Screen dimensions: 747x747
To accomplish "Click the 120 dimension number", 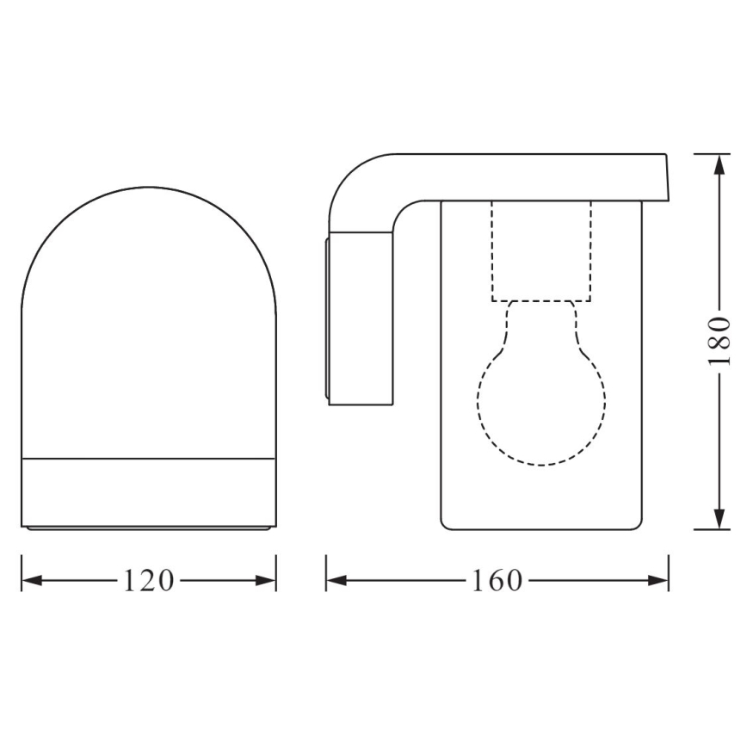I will coord(149,581).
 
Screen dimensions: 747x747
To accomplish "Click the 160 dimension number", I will coord(497,581).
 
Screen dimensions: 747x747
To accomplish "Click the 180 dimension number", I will coord(719,341).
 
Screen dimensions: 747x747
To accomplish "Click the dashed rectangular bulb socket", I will coord(541,251).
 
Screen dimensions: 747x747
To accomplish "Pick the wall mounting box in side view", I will coord(360,318).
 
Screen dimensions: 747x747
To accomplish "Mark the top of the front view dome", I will coord(148,188).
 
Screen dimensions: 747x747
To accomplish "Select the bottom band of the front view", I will coord(148,491).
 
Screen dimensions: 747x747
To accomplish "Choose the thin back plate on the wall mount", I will coord(327,318).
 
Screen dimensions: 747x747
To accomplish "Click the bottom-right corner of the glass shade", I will coord(639,524).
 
